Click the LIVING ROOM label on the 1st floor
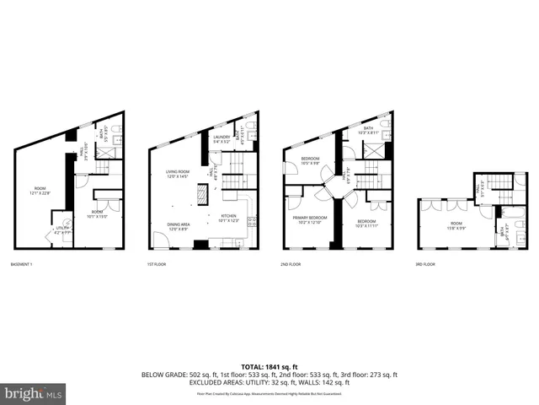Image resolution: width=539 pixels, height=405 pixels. point(178,175)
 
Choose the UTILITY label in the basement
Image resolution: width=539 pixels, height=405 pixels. point(62,229)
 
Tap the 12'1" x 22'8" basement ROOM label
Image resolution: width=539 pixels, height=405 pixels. point(40,190)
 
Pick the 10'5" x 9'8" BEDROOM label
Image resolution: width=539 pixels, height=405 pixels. point(310,160)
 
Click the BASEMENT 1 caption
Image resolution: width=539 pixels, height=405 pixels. point(23,264)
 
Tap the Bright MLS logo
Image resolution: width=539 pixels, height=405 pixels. point(34,393)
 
